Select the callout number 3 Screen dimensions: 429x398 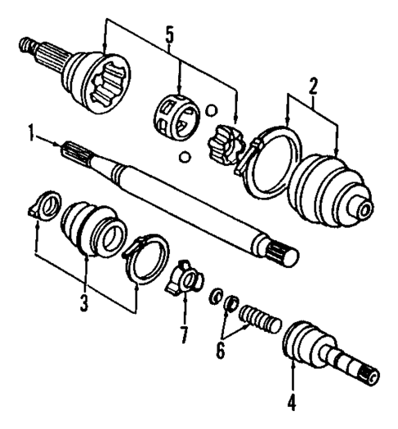pyautogui.click(x=85, y=302)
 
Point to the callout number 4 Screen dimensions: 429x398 pyautogui.click(x=293, y=403)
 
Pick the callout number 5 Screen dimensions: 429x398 pyautogui.click(x=170, y=37)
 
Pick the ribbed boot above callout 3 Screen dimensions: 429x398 pyautogui.click(x=92, y=226)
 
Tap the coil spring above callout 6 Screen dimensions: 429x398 pyautogui.click(x=259, y=316)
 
